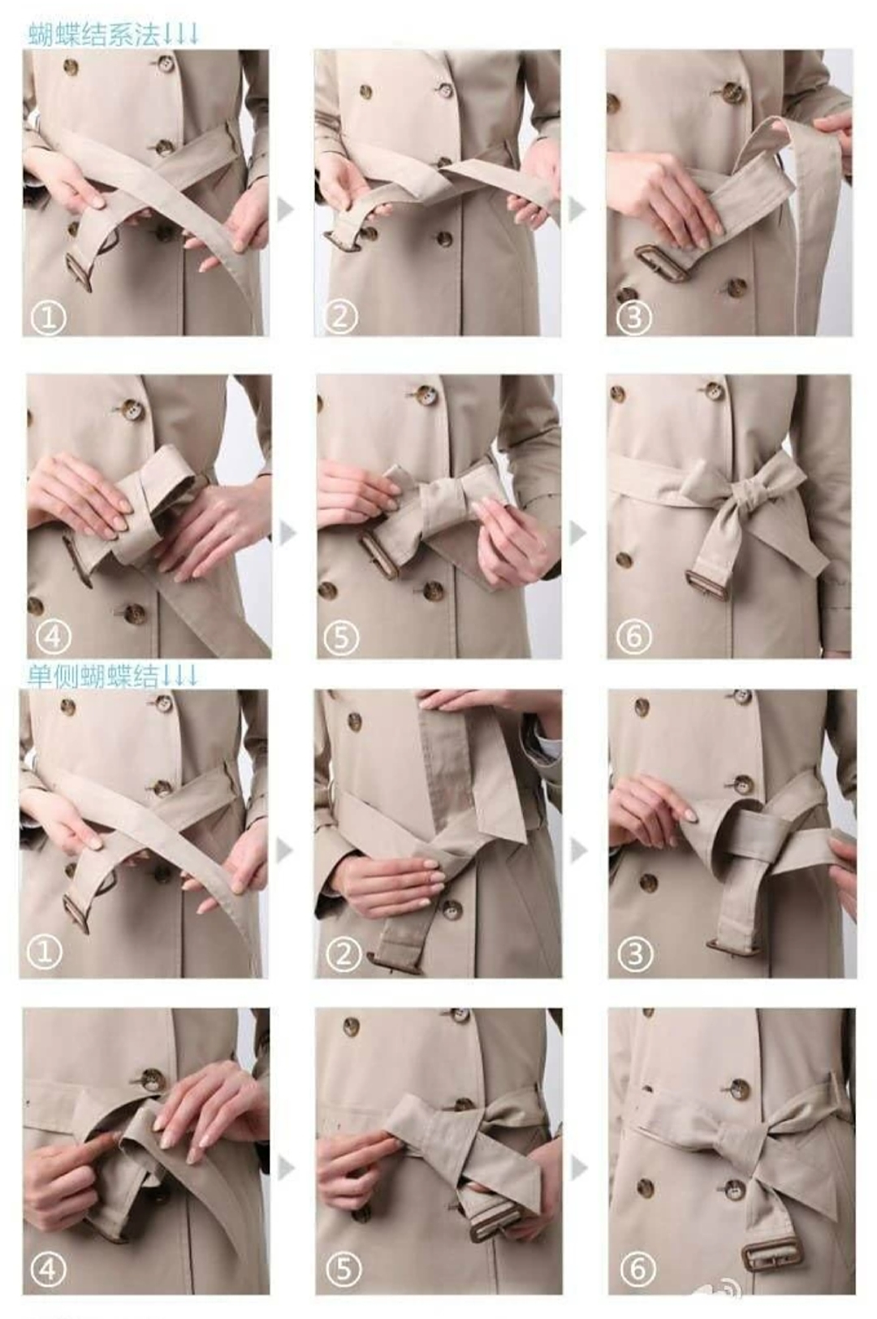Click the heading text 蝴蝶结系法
coord(93,35)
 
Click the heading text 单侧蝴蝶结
coord(93,677)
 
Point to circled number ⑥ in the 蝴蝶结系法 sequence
coord(634,637)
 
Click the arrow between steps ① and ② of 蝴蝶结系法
coord(286,208)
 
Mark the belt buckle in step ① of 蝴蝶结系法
coord(80,272)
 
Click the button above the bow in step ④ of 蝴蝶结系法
coord(132,410)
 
